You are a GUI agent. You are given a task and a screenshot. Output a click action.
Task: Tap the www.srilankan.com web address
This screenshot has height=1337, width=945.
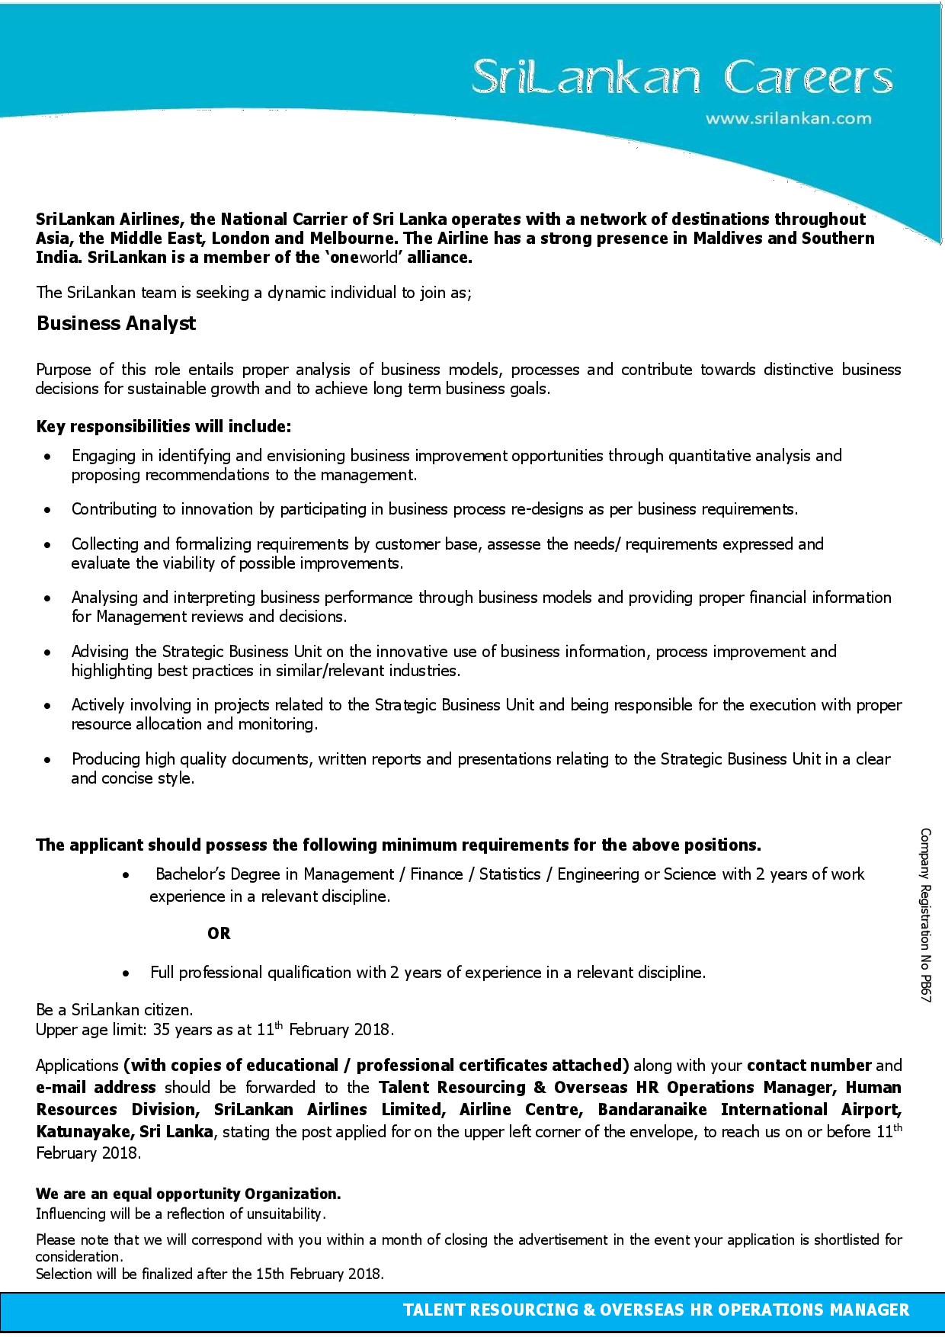point(788,118)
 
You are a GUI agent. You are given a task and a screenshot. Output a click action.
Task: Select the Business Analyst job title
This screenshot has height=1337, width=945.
point(116,323)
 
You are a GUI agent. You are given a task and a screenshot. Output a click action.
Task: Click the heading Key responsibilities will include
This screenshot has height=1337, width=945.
point(164,426)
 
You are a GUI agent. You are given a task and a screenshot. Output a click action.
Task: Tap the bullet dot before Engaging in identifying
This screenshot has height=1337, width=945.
point(48,457)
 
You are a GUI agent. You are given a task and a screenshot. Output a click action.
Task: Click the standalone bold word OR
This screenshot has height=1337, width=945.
point(219,933)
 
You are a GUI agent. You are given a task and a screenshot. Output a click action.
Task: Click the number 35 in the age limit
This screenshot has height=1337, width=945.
point(162,1030)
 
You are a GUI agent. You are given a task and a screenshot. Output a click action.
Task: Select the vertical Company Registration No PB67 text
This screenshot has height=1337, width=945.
point(925,915)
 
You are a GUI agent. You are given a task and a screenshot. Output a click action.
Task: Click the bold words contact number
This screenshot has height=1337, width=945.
point(809,1065)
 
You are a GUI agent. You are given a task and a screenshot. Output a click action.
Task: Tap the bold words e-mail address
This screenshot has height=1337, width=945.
point(96,1087)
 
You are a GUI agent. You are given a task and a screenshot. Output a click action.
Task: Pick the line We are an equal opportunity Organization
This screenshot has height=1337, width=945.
point(188,1193)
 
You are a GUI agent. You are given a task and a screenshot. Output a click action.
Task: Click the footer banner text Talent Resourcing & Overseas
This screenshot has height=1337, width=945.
point(655,1310)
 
